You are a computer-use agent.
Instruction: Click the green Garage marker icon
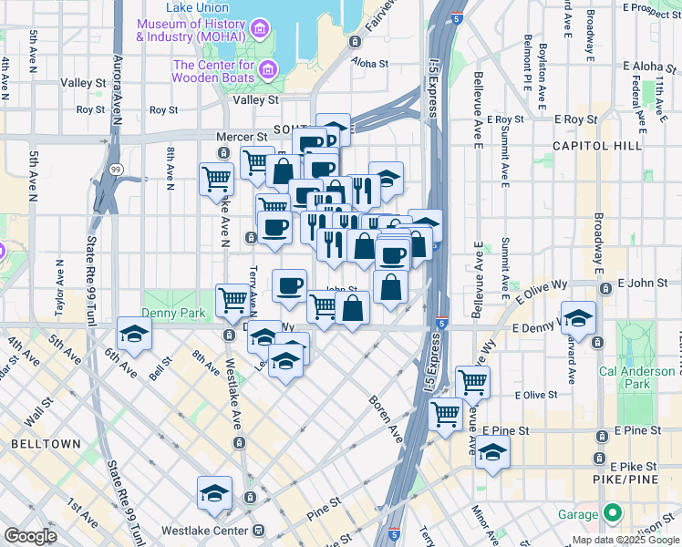pyautogui.click(x=611, y=512)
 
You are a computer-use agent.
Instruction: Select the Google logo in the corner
pyautogui.click(x=30, y=536)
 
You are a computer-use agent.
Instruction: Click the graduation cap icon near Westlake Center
pyautogui.click(x=215, y=493)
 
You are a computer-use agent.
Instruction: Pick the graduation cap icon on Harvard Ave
pyautogui.click(x=578, y=318)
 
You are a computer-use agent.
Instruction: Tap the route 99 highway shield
pyautogui.click(x=116, y=170)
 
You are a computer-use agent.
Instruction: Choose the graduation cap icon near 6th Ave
pyautogui.click(x=135, y=334)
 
